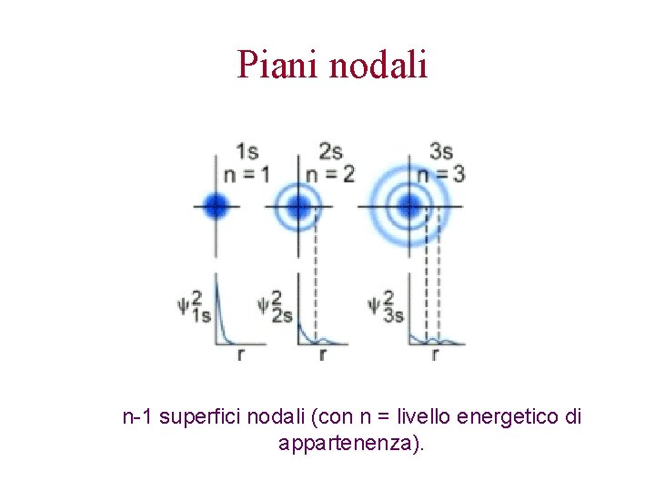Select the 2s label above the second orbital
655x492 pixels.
[329, 151]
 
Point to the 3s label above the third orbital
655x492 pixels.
[441, 151]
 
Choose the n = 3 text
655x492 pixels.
[441, 173]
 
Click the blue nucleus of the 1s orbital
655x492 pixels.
[215, 206]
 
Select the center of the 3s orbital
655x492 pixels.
[409, 206]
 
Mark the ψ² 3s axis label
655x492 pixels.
[387, 306]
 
